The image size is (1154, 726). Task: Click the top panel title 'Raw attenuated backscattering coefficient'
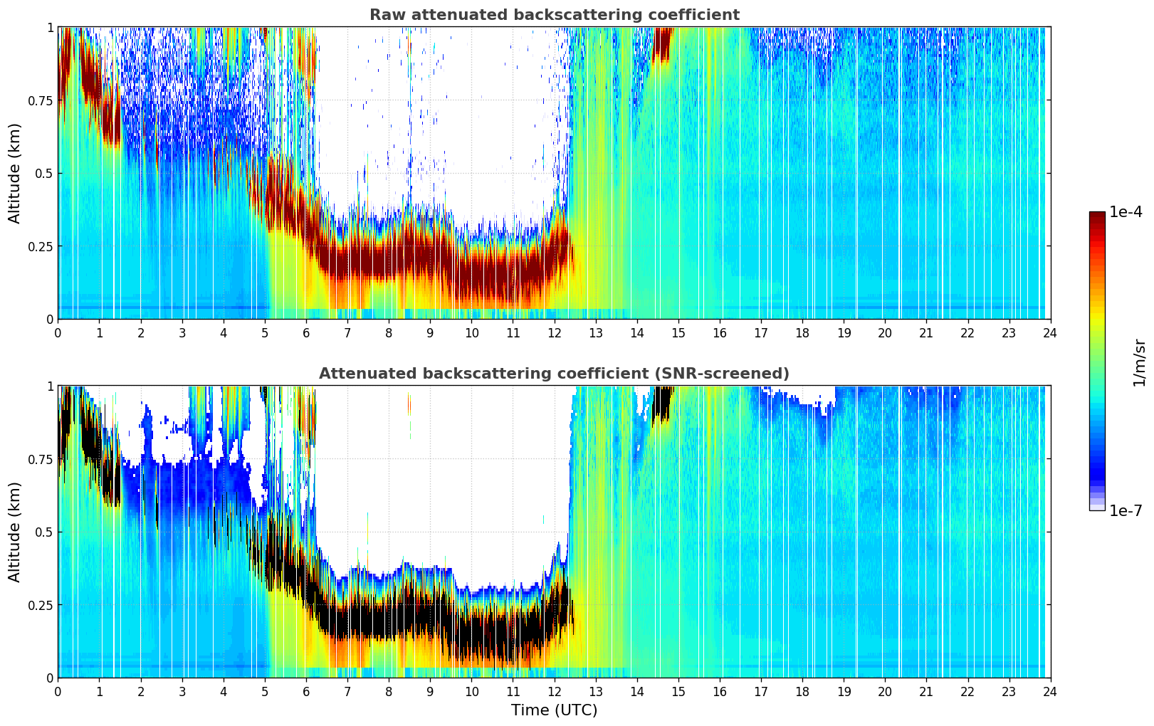(x=554, y=15)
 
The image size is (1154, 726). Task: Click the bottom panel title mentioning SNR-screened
(x=554, y=374)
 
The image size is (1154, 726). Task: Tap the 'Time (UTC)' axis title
(x=554, y=710)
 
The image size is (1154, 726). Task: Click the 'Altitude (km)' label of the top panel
(x=15, y=173)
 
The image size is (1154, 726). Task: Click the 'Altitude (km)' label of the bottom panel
(x=15, y=532)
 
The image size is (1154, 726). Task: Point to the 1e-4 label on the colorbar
(x=1126, y=212)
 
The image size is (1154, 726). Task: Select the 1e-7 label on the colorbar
(x=1126, y=510)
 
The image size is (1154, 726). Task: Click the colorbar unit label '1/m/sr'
(x=1139, y=363)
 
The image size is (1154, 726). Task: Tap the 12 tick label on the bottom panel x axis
(x=554, y=692)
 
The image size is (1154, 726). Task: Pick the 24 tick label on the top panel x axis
(x=1050, y=332)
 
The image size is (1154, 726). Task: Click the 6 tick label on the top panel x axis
(x=306, y=332)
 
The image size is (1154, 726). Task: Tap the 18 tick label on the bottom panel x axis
(x=802, y=692)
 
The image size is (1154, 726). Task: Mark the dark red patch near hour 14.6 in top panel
(x=662, y=44)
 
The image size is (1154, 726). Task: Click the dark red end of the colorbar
(x=1096, y=217)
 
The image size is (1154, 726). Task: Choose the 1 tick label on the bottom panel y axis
(x=50, y=386)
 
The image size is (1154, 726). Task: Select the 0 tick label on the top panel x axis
(x=58, y=332)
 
